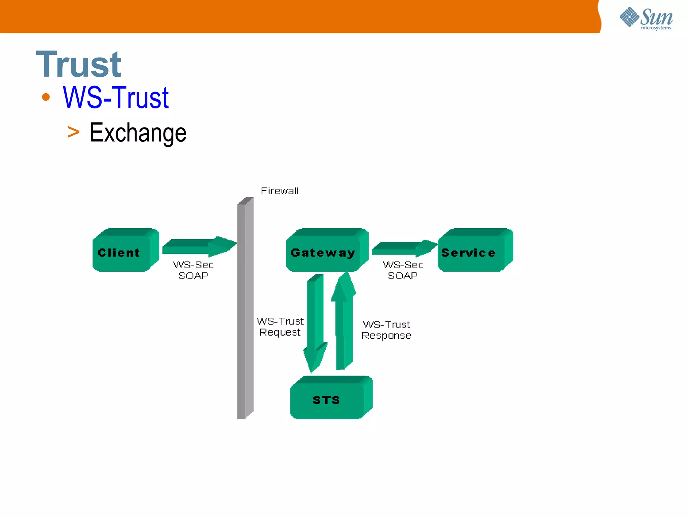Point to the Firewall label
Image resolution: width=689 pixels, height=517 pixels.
(x=280, y=191)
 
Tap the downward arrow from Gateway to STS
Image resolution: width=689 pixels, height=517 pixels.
(x=315, y=320)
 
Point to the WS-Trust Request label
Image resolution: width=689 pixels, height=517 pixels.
(x=280, y=326)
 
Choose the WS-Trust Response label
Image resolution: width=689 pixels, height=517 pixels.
(x=386, y=330)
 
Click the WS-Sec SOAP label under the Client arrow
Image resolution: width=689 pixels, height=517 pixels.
(x=193, y=270)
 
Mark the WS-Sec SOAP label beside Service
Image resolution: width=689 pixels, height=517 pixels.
(x=402, y=270)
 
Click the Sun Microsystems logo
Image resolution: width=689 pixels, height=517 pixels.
(x=646, y=19)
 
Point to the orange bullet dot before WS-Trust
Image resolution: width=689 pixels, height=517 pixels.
(x=46, y=97)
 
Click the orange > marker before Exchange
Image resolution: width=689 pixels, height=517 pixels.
(x=73, y=132)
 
